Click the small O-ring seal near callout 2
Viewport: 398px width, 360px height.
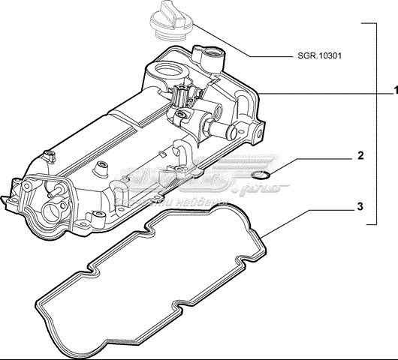(261, 177)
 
